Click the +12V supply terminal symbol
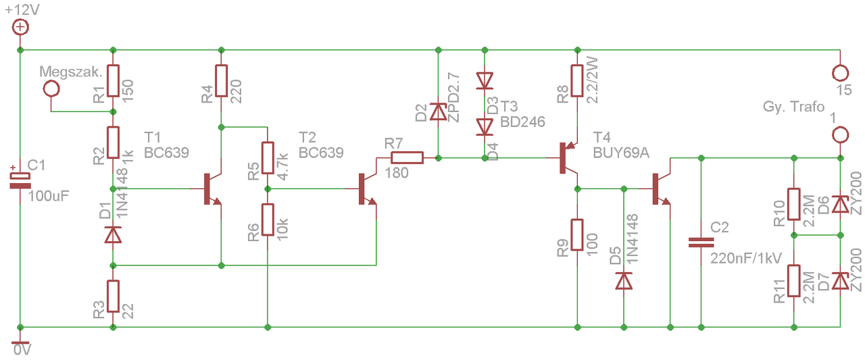point(20,28)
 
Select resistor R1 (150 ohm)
point(113,80)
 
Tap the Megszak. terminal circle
point(51,88)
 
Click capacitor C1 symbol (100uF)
point(20,180)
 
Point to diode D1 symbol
point(113,234)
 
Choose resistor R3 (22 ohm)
point(113,297)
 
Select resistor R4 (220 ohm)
point(221,80)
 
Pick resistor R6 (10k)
point(268,220)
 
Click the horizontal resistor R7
point(407,158)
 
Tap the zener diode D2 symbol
point(438,111)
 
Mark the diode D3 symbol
point(485,81)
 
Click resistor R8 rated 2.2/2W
point(577,80)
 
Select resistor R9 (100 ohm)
point(577,234)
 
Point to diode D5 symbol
point(624,280)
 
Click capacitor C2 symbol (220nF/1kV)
point(701,242)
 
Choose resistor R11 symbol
point(794,280)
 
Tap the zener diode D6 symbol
point(840,204)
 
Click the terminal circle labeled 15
point(840,73)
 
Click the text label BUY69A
point(621,153)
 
